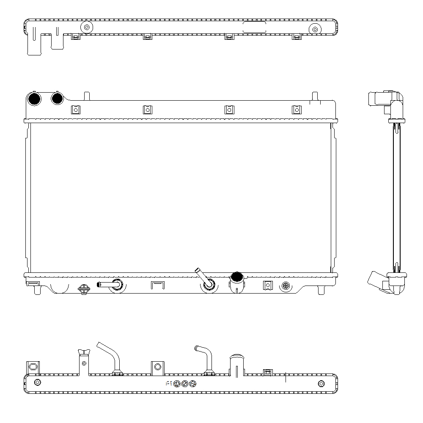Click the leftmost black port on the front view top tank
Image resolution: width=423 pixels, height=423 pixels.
(x=33, y=99)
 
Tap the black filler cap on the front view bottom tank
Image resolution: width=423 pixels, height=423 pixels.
(x=236, y=277)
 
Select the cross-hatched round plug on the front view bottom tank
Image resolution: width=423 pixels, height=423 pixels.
(x=286, y=286)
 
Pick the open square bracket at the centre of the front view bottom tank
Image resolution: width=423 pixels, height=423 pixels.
(x=157, y=285)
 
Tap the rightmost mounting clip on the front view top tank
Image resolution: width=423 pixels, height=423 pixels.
(x=297, y=110)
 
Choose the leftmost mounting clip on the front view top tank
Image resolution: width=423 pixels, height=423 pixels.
(x=75, y=110)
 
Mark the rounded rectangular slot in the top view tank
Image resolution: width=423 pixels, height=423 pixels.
(x=254, y=27)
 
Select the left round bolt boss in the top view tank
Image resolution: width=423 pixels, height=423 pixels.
(x=87, y=27)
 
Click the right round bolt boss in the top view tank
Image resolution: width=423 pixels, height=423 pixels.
(x=314, y=29)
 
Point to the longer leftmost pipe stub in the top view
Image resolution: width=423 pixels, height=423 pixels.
(x=34, y=42)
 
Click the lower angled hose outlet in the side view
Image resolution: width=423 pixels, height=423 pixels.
(x=376, y=282)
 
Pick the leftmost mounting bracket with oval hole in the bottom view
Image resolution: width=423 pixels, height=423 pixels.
(x=33, y=368)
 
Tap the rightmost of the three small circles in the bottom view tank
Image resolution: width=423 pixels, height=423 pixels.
(x=193, y=384)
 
